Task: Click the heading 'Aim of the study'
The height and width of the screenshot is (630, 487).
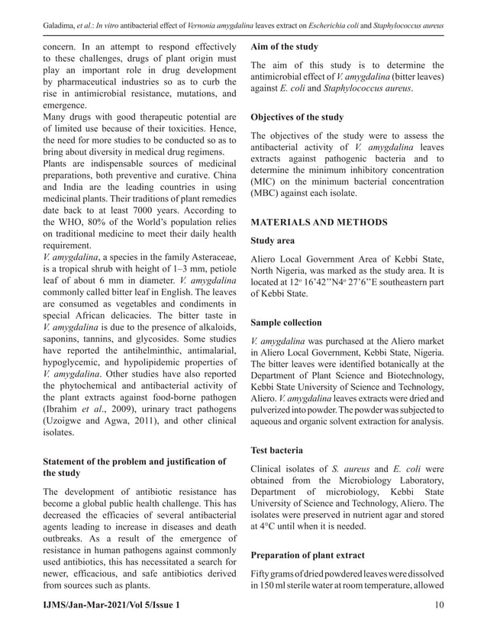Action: (286, 47)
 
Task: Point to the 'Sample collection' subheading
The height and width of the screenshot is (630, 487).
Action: (286, 323)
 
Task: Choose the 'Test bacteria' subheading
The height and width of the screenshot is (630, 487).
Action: (277, 450)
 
